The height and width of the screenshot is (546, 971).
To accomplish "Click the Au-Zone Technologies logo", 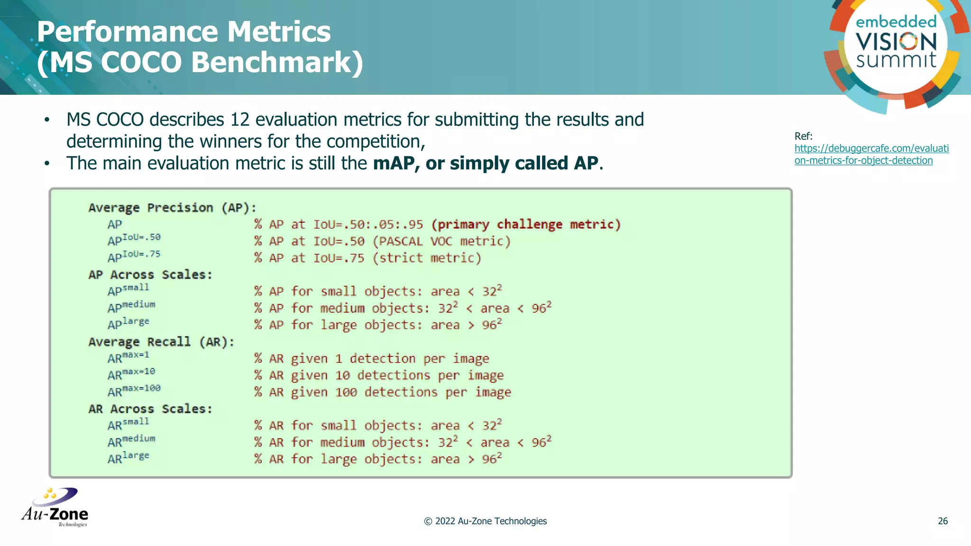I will click(x=55, y=508).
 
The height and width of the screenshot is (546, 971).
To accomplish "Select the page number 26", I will click(x=943, y=521).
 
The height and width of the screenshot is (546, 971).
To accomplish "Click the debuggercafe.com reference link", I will click(x=871, y=155).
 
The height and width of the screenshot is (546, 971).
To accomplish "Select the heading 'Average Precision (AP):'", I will click(x=172, y=208).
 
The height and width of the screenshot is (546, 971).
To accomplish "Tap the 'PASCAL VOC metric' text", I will click(x=441, y=241).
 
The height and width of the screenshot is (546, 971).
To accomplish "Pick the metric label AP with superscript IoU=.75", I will click(x=134, y=256).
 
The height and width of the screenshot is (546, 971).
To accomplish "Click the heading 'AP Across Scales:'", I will click(x=150, y=275).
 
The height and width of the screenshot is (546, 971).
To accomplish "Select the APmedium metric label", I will click(x=131, y=307).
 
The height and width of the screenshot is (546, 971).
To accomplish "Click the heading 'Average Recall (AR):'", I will click(x=161, y=342).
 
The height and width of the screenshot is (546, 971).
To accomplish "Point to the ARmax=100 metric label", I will click(x=134, y=391).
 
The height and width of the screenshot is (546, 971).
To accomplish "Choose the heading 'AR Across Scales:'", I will click(x=150, y=409).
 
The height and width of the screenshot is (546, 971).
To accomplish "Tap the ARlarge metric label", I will click(x=128, y=458).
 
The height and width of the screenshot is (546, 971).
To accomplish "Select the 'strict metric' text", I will click(x=427, y=258).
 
